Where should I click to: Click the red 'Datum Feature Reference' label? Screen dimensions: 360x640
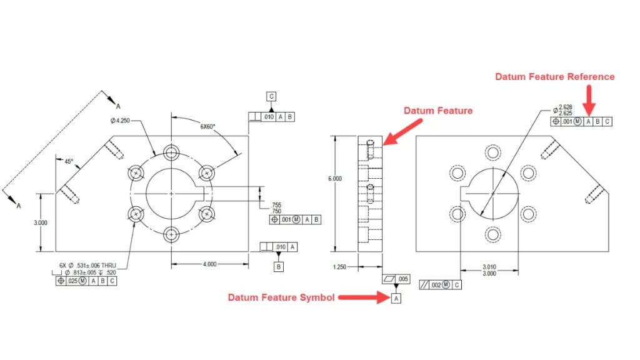point(554,77)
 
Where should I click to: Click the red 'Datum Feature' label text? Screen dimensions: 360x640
point(437,111)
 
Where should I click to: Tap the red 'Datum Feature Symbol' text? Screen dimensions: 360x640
point(281,297)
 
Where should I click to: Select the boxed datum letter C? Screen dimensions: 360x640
point(271,96)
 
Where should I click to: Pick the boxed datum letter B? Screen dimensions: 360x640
point(279,267)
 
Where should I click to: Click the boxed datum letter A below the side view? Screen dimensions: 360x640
point(396,299)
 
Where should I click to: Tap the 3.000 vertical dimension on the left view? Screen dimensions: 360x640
point(40,222)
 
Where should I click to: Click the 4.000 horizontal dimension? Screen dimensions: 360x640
point(209,264)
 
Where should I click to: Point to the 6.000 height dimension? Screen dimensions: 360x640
point(335,179)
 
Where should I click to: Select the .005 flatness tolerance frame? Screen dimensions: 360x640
point(395,279)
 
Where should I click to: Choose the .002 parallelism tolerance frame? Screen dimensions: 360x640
point(441,285)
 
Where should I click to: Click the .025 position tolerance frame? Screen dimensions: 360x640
point(86,281)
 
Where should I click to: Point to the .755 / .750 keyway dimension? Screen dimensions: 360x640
point(276,208)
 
